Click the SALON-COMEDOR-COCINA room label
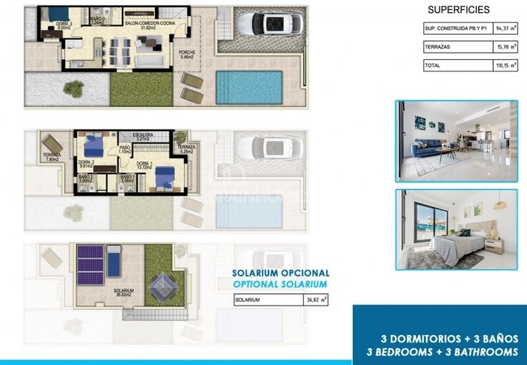click(148, 25)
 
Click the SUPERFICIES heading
click(456, 11)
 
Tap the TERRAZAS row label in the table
click(438, 47)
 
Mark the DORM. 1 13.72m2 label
click(146, 165)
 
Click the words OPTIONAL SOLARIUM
click(281, 285)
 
